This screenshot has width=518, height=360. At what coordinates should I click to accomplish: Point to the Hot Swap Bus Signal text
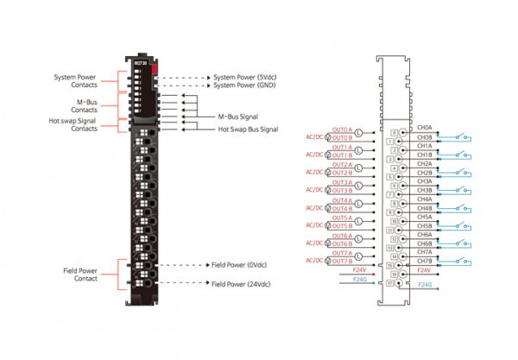pyautogui.click(x=248, y=129)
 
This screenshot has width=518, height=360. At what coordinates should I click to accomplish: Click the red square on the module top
pyautogui.click(x=153, y=66)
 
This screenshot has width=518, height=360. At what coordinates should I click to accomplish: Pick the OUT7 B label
pyautogui.click(x=342, y=261)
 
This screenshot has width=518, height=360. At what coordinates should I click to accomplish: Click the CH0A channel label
pyautogui.click(x=425, y=128)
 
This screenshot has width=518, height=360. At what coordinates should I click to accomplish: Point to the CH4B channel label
pyautogui.click(x=425, y=207)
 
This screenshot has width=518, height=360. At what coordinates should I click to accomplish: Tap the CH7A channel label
pyautogui.click(x=425, y=252)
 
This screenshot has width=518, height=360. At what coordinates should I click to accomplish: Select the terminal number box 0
pyautogui.click(x=394, y=132)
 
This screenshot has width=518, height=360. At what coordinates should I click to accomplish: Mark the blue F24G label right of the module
pyautogui.click(x=425, y=285)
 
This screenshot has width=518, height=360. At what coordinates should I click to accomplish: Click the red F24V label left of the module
pyautogui.click(x=361, y=270)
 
